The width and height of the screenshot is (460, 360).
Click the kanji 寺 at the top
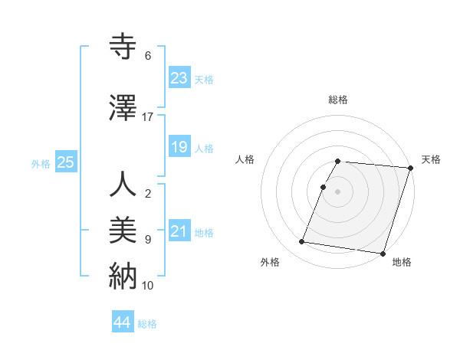point(123,47)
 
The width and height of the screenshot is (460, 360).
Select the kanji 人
point(123,185)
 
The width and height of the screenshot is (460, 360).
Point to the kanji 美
point(123,230)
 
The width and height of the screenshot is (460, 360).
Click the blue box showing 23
point(179,78)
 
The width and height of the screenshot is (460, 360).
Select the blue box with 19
point(179,147)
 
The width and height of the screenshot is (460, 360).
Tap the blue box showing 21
point(179,231)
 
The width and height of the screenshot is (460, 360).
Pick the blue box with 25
point(65,162)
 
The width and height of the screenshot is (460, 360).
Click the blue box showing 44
point(122,322)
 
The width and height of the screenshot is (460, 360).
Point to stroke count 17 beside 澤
point(148,116)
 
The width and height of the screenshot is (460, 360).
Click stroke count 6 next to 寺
point(148,56)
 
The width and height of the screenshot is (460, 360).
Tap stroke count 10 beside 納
point(148,285)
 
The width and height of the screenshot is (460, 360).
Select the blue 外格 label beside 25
point(41,163)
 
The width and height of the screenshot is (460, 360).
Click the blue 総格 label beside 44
point(147,323)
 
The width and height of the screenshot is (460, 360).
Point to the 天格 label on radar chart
point(431,159)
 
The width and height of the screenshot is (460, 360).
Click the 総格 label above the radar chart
point(338,100)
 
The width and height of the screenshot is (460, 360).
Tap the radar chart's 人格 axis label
point(245,159)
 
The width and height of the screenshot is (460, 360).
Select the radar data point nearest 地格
point(382,253)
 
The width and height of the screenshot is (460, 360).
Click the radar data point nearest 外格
point(301,242)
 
